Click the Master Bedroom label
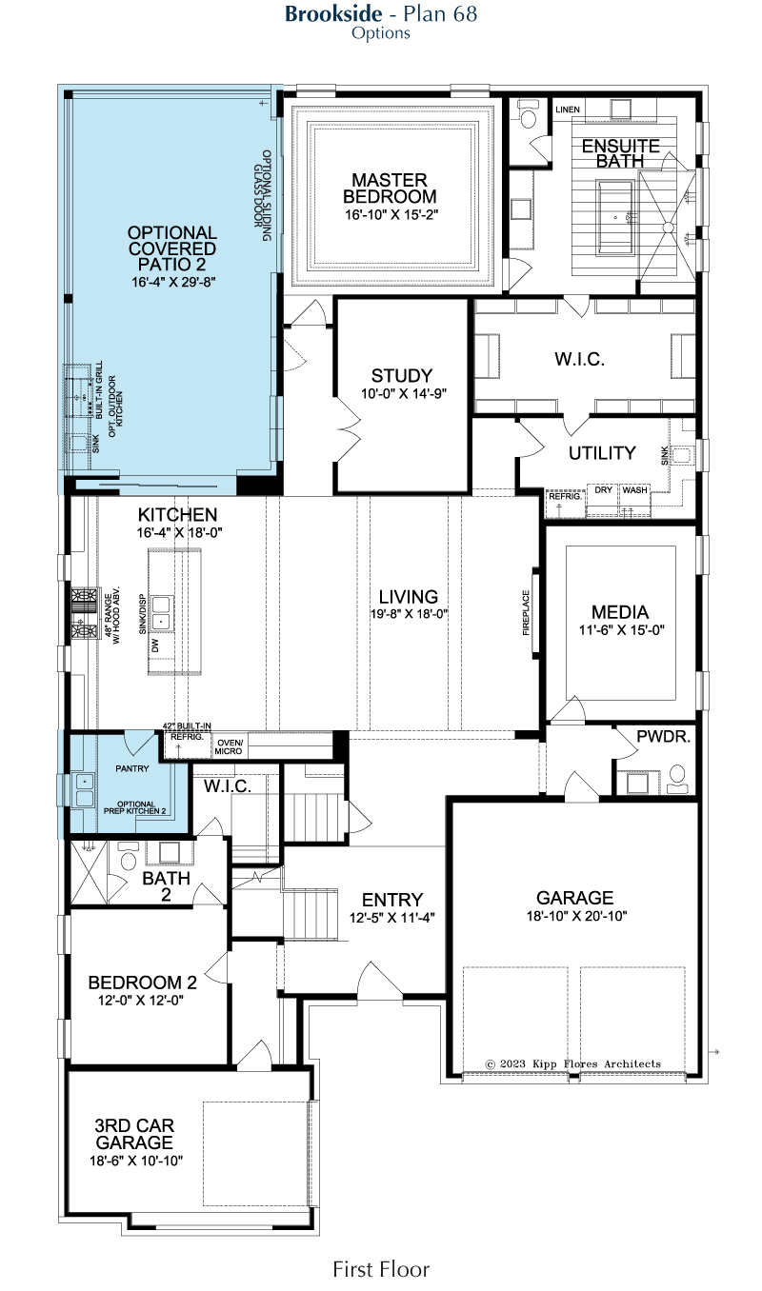(x=390, y=189)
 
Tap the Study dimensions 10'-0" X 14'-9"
(x=404, y=393)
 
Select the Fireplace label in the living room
(x=526, y=612)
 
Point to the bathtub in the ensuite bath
(x=615, y=217)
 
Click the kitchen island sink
(x=161, y=612)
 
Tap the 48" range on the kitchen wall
(x=84, y=614)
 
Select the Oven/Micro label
(x=229, y=747)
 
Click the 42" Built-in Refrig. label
(x=187, y=731)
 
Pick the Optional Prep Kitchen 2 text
(x=135, y=807)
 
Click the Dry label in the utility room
(x=604, y=490)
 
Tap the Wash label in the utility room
(x=634, y=490)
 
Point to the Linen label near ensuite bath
(x=568, y=109)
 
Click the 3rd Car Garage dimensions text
(x=136, y=1161)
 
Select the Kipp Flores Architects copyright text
(x=573, y=1063)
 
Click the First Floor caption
(x=381, y=1269)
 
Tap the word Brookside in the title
(x=333, y=14)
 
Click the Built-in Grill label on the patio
(x=99, y=389)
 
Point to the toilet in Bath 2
(x=128, y=856)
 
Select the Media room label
(x=620, y=612)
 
